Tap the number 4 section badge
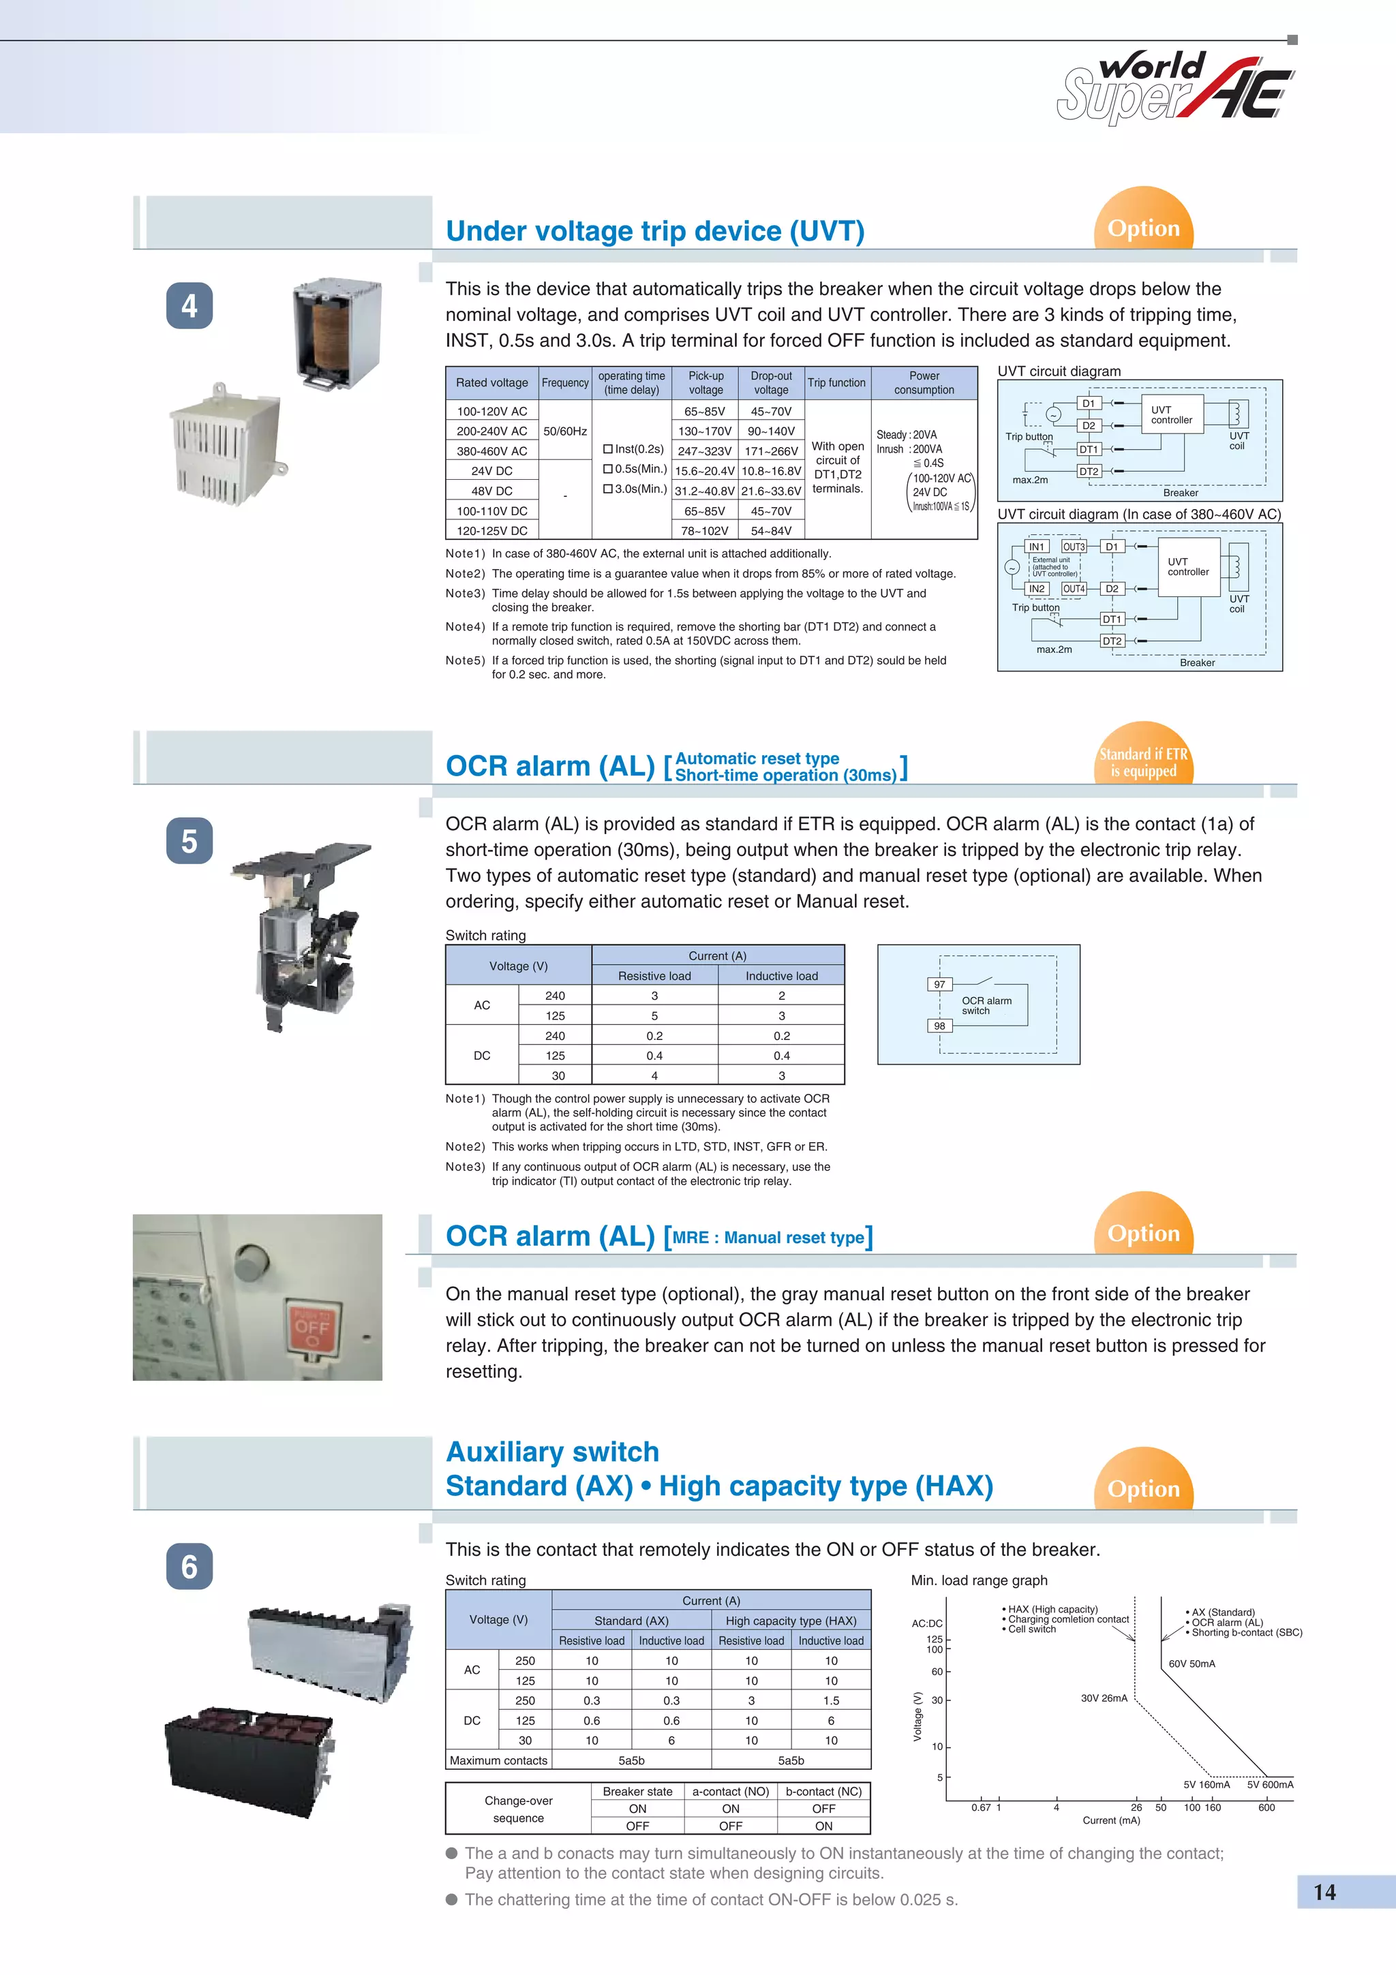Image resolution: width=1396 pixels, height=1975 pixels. point(189,305)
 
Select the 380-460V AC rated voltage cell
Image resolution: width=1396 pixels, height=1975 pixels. point(492,450)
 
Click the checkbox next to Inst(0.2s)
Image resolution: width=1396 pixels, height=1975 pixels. point(608,449)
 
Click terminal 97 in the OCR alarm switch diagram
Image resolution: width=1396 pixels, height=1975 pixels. point(939,984)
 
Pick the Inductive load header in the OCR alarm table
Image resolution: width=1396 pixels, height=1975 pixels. point(781,975)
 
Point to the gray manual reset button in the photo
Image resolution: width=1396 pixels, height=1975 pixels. point(251,1263)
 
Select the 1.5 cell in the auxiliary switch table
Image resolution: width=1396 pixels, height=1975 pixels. point(830,1700)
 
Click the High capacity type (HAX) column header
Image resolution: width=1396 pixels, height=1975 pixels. point(791,1621)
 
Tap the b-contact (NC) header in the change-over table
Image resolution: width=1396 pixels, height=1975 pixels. point(823,1791)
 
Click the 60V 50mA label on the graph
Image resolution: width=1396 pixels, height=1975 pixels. point(1192,1664)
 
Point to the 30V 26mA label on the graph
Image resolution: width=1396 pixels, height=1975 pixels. point(1104,1698)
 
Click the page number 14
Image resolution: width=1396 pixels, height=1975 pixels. point(1324,1893)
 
